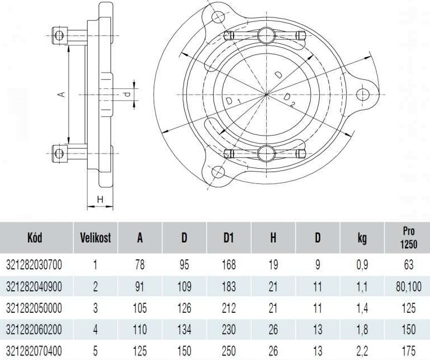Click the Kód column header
(35, 237)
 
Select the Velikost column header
(96, 237)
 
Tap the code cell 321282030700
(34, 265)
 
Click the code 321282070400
(34, 350)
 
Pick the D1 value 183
(229, 286)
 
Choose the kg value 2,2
(362, 351)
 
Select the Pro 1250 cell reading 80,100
(409, 287)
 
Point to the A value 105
(140, 308)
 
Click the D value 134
(184, 329)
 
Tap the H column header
(273, 237)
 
